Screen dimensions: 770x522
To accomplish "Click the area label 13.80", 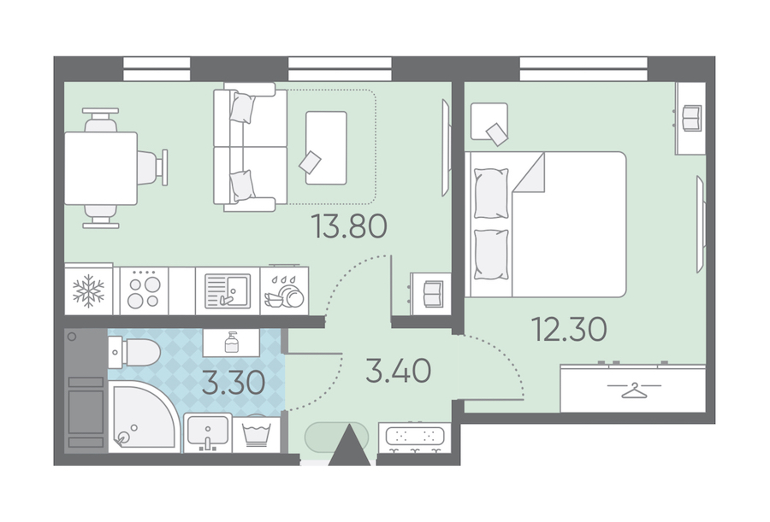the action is tap(350, 226).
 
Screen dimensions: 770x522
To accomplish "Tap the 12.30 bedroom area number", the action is tap(569, 329).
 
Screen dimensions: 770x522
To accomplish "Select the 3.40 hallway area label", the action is tap(398, 371).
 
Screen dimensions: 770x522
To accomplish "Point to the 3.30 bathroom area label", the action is tap(234, 383).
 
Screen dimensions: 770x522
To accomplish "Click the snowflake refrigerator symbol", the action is tap(88, 291).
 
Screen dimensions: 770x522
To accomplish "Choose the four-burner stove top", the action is tap(144, 291).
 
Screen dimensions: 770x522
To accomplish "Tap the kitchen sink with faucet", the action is tap(228, 291).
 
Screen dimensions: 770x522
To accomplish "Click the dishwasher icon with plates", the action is tap(284, 291).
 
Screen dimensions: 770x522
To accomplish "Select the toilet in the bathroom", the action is tap(134, 352).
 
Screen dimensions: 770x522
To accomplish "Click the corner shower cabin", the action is tap(144, 417).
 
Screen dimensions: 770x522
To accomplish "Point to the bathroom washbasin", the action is tap(207, 431).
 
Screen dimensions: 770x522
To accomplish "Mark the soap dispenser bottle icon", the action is tap(231, 342).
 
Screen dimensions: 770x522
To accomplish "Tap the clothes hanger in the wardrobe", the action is tap(633, 390).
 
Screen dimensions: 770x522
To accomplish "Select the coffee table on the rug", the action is tap(326, 148).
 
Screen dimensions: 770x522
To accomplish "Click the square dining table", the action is tap(101, 168).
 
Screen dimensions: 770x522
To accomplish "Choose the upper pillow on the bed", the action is tap(491, 193).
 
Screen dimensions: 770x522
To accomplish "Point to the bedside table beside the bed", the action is tap(489, 121).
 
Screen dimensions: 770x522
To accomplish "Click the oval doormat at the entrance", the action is tap(336, 437).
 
